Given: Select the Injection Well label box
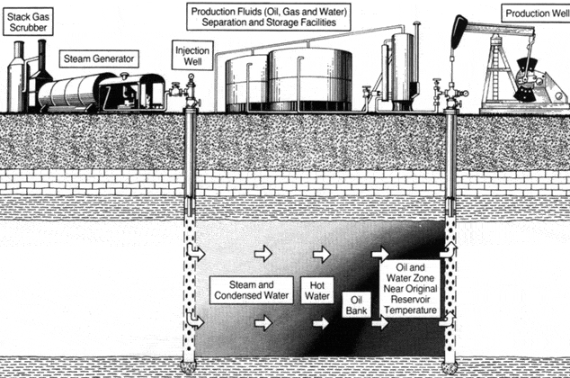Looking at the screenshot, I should (x=191, y=54).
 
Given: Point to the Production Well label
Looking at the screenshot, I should (x=537, y=14).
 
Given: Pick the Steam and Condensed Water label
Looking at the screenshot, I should (x=251, y=289).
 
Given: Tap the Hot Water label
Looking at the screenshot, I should (x=317, y=288).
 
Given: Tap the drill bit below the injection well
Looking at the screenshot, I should (x=191, y=370).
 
